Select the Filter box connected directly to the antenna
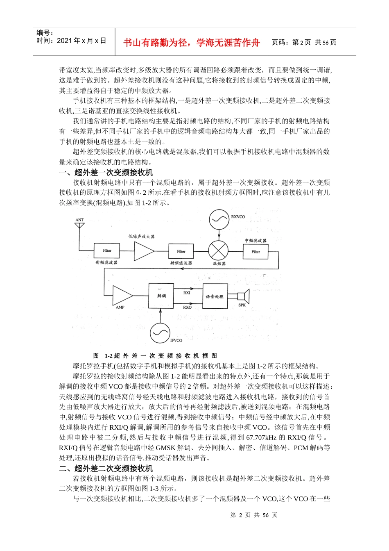pyautogui.click(x=107, y=250)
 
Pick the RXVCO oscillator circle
pyautogui.click(x=219, y=220)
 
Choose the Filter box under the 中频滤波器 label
pyautogui.click(x=256, y=251)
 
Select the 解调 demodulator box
pyautogui.click(x=161, y=296)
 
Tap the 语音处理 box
pyautogui.click(x=215, y=296)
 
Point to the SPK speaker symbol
pyautogui.click(x=243, y=296)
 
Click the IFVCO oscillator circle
pyautogui.click(x=160, y=333)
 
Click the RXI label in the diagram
pyautogui.click(x=187, y=293)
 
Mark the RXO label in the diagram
pyautogui.click(x=187, y=307)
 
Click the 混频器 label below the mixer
pyautogui.click(x=219, y=264)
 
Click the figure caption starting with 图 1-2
pyautogui.click(x=155, y=356)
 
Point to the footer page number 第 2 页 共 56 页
pyautogui.click(x=254, y=515)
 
